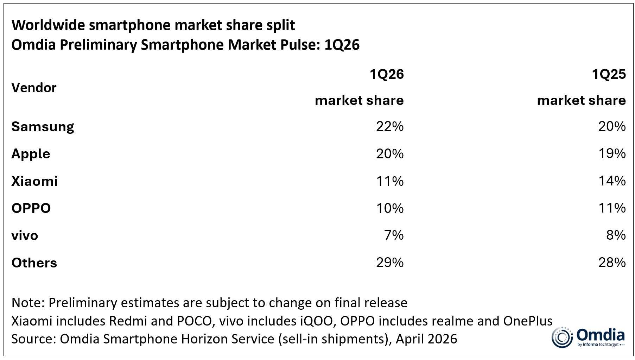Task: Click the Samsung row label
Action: pos(43,127)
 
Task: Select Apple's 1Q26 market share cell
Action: pos(390,154)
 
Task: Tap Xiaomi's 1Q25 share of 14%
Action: pos(612,181)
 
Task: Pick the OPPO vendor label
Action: pos(31,208)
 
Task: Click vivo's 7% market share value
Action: pos(394,235)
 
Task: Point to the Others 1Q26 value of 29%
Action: pos(390,263)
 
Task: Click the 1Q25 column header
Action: pos(609,74)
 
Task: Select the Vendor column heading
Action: pos(34,88)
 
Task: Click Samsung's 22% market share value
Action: pos(390,126)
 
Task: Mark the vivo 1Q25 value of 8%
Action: pos(616,235)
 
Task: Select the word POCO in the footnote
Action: pos(194,321)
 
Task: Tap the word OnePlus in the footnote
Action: pos(528,321)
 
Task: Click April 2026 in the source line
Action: pos(426,339)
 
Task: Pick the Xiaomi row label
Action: pos(34,181)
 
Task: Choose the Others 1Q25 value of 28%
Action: pos(612,263)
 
